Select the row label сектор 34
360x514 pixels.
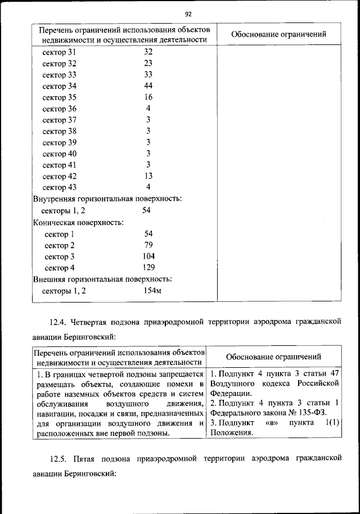pyautogui.click(x=60, y=86)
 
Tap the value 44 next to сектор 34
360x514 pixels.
pyautogui.click(x=148, y=86)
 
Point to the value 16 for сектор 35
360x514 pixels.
pyautogui.click(x=148, y=97)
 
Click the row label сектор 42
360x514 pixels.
pyautogui.click(x=60, y=176)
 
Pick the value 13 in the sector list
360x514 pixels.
pyautogui.click(x=148, y=176)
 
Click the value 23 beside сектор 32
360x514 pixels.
pyautogui.click(x=148, y=64)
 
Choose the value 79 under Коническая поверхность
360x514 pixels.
pyautogui.click(x=148, y=245)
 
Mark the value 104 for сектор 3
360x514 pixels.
pyautogui.click(x=148, y=256)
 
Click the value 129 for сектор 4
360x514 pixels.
pyautogui.click(x=148, y=268)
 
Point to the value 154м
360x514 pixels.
pyautogui.click(x=152, y=291)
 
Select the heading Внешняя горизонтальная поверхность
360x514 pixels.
pyautogui.click(x=102, y=279)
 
